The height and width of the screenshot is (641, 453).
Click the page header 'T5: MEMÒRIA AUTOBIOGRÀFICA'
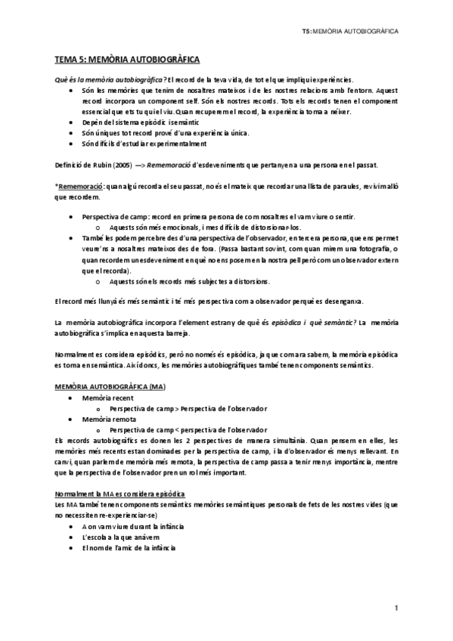pyautogui.click(x=349, y=33)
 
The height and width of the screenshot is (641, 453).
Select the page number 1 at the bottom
pyautogui.click(x=396, y=607)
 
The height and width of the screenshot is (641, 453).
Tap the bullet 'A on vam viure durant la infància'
pyautogui.click(x=132, y=525)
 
